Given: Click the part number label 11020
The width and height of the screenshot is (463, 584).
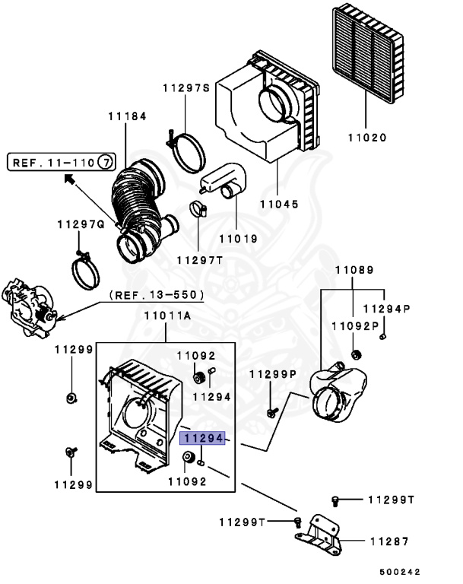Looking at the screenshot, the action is coord(367,138).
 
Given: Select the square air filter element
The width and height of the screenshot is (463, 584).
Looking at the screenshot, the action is coord(368,53).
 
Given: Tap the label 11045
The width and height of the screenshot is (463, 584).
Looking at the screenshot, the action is coord(279,204).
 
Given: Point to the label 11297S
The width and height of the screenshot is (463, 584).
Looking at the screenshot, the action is coord(186,88).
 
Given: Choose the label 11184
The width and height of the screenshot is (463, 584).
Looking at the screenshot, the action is coord(128,116).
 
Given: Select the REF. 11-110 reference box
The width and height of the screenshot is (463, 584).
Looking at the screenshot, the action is coord(62,163).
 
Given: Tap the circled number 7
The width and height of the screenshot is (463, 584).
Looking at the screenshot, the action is coord(106,163).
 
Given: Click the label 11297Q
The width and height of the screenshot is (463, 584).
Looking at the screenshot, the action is coord(81,224).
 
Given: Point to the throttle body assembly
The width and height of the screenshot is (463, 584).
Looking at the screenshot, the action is coord(29,307).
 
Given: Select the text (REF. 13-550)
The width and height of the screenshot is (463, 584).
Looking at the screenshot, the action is coord(157,295).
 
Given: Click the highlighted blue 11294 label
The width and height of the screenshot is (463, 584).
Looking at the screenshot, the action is coord(202,438).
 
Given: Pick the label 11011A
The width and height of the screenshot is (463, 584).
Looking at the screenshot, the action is coord(167,316).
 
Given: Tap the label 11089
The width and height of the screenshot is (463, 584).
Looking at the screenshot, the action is coord(354,270).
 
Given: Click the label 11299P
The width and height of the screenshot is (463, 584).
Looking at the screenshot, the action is coord(273,374).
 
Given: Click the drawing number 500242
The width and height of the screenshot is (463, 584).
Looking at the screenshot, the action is coord(400,572).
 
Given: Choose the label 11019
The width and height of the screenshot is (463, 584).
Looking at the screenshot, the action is coord(239,239).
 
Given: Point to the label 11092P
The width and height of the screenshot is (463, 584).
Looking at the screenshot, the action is coord(355,326).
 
